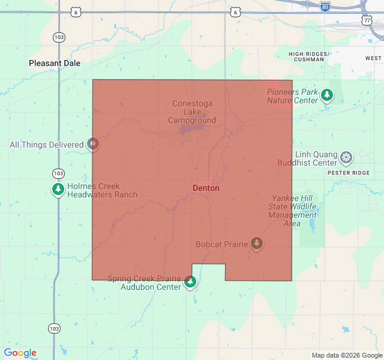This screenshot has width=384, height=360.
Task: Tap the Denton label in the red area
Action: pyautogui.click(x=206, y=188)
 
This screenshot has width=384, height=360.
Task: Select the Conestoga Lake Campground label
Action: pyautogui.click(x=192, y=112)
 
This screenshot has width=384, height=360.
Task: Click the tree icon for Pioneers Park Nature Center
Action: pyautogui.click(x=326, y=95)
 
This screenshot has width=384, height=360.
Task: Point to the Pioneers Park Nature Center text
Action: pyautogui.click(x=292, y=96)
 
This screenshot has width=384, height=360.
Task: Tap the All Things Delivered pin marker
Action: pyautogui.click(x=92, y=144)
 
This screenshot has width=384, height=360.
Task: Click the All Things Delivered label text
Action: pyautogui.click(x=46, y=145)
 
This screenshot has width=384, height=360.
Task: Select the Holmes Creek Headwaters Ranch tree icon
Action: pyautogui.click(x=58, y=190)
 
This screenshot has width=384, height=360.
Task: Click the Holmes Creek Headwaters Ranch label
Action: pyautogui.click(x=102, y=190)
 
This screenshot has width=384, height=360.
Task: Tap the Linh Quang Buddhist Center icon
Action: pyautogui.click(x=346, y=158)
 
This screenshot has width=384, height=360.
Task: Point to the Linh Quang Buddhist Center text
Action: pyautogui.click(x=308, y=158)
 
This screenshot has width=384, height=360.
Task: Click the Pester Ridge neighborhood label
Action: pyautogui.click(x=349, y=172)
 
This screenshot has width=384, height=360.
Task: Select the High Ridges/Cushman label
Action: pyautogui.click(x=309, y=57)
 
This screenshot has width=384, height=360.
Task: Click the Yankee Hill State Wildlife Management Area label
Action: pyautogui.click(x=292, y=211)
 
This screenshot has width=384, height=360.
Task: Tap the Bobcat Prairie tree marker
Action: pyautogui.click(x=257, y=243)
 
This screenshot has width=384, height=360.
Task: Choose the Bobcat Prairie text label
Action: pyautogui.click(x=221, y=244)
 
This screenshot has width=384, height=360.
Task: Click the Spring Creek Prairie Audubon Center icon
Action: pyautogui.click(x=190, y=281)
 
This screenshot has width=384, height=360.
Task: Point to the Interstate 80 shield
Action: pyautogui.click(x=325, y=7)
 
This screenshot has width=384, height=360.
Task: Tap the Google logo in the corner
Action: pyautogui.click(x=20, y=353)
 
